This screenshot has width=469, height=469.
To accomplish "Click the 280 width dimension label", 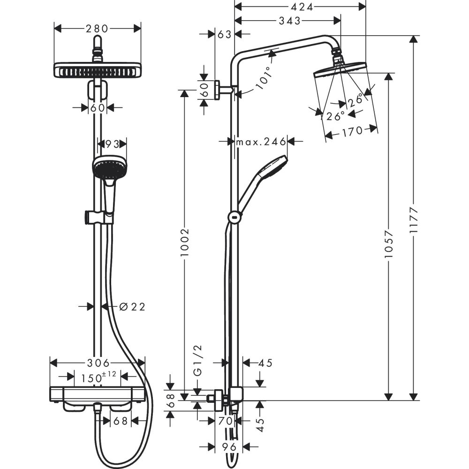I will coord(98,29).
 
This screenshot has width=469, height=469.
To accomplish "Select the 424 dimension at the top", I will coord(300,7).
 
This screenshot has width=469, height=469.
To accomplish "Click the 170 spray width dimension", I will coord(352,131).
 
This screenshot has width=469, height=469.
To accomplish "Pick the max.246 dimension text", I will coord(261,142).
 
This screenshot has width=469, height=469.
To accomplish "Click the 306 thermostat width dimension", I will coord(98,363).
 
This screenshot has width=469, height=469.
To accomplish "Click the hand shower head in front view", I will coord(109,167).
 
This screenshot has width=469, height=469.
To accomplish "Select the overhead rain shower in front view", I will coord(98,71).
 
